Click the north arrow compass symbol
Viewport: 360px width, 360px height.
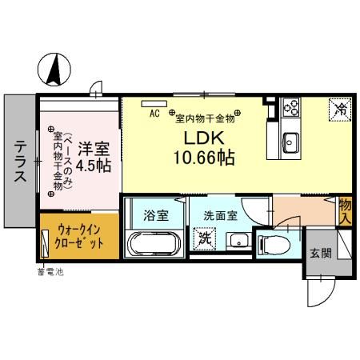(x=54, y=69)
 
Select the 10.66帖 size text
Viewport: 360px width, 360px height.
(x=202, y=158)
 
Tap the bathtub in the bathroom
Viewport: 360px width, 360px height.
(x=155, y=244)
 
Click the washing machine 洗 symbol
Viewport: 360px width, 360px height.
(x=204, y=238)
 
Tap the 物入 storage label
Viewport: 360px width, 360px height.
(x=345, y=211)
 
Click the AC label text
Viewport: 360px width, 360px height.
(x=155, y=114)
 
